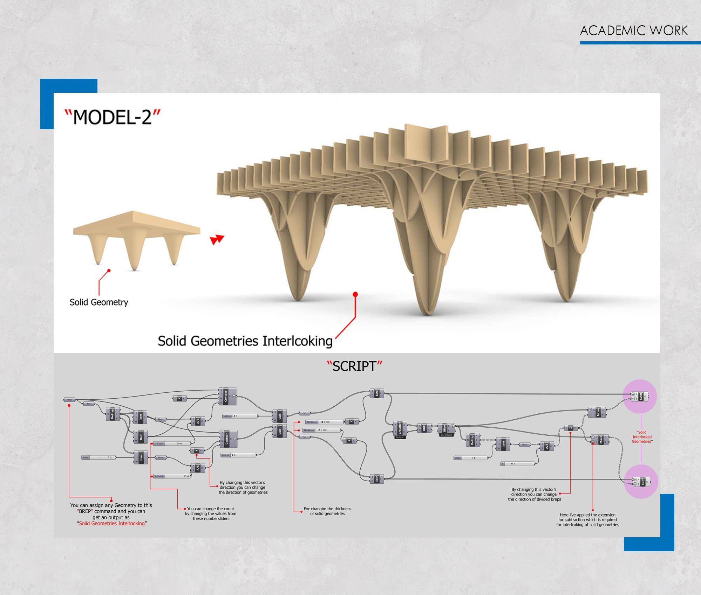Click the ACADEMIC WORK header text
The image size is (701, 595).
[x=634, y=31]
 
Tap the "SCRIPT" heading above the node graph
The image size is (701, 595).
[x=354, y=366]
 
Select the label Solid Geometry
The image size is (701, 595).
[x=99, y=302]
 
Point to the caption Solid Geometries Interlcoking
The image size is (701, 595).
[x=245, y=341]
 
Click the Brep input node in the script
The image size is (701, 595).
[x=69, y=400]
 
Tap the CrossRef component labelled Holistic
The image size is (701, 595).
[x=400, y=429]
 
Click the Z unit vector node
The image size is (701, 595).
[x=571, y=428]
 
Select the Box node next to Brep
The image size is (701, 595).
[x=89, y=404]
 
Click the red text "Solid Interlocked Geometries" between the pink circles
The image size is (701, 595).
[x=641, y=437]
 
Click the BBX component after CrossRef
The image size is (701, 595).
[x=424, y=428]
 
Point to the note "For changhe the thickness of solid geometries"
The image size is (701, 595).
[x=327, y=511]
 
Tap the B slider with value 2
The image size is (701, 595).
[x=518, y=464]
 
